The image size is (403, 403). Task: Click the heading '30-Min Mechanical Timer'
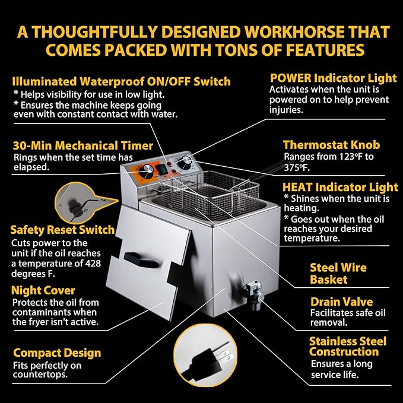(x=83, y=145)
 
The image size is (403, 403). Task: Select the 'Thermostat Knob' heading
(x=331, y=145)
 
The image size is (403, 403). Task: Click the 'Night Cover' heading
(x=43, y=290)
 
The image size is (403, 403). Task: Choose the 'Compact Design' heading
(x=57, y=353)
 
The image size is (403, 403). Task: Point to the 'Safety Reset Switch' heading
(x=63, y=230)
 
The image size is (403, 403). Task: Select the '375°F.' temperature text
(x=299, y=167)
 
